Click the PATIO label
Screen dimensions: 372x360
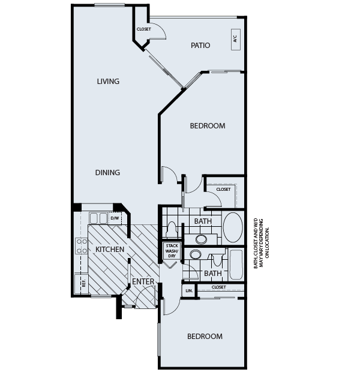click(200, 45)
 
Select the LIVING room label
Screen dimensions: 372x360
click(109, 82)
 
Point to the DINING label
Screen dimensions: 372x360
click(107, 173)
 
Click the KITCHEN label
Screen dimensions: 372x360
click(110, 249)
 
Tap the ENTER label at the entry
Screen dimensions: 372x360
click(143, 281)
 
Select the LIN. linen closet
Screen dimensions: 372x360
click(188, 291)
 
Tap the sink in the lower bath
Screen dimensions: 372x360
click(195, 254)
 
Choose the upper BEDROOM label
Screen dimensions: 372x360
click(207, 126)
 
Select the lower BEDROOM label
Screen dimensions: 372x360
click(205, 337)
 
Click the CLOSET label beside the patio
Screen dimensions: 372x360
click(144, 29)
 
